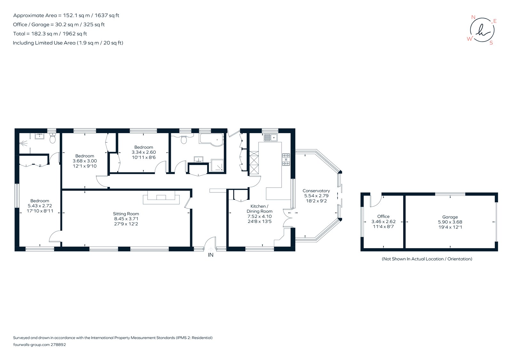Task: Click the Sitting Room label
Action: point(126,214)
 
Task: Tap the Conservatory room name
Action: point(316,191)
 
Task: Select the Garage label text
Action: point(450,217)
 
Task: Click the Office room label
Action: point(383,216)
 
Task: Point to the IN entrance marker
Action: point(211,255)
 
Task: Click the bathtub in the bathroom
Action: point(211,139)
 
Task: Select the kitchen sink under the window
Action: point(271,138)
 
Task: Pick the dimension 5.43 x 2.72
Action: point(40,206)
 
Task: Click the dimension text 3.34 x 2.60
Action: point(144,152)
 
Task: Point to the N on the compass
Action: point(474,17)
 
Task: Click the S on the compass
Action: point(491,43)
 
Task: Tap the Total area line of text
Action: point(50,34)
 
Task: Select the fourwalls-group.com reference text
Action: point(39,345)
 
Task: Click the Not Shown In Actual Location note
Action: point(427,259)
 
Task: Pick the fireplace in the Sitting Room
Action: point(161,198)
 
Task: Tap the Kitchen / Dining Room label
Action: point(259,209)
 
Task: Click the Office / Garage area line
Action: point(59,25)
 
